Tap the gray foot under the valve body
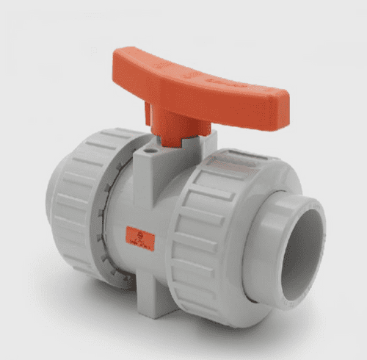tap(155, 304)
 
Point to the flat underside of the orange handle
tap(213, 110)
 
